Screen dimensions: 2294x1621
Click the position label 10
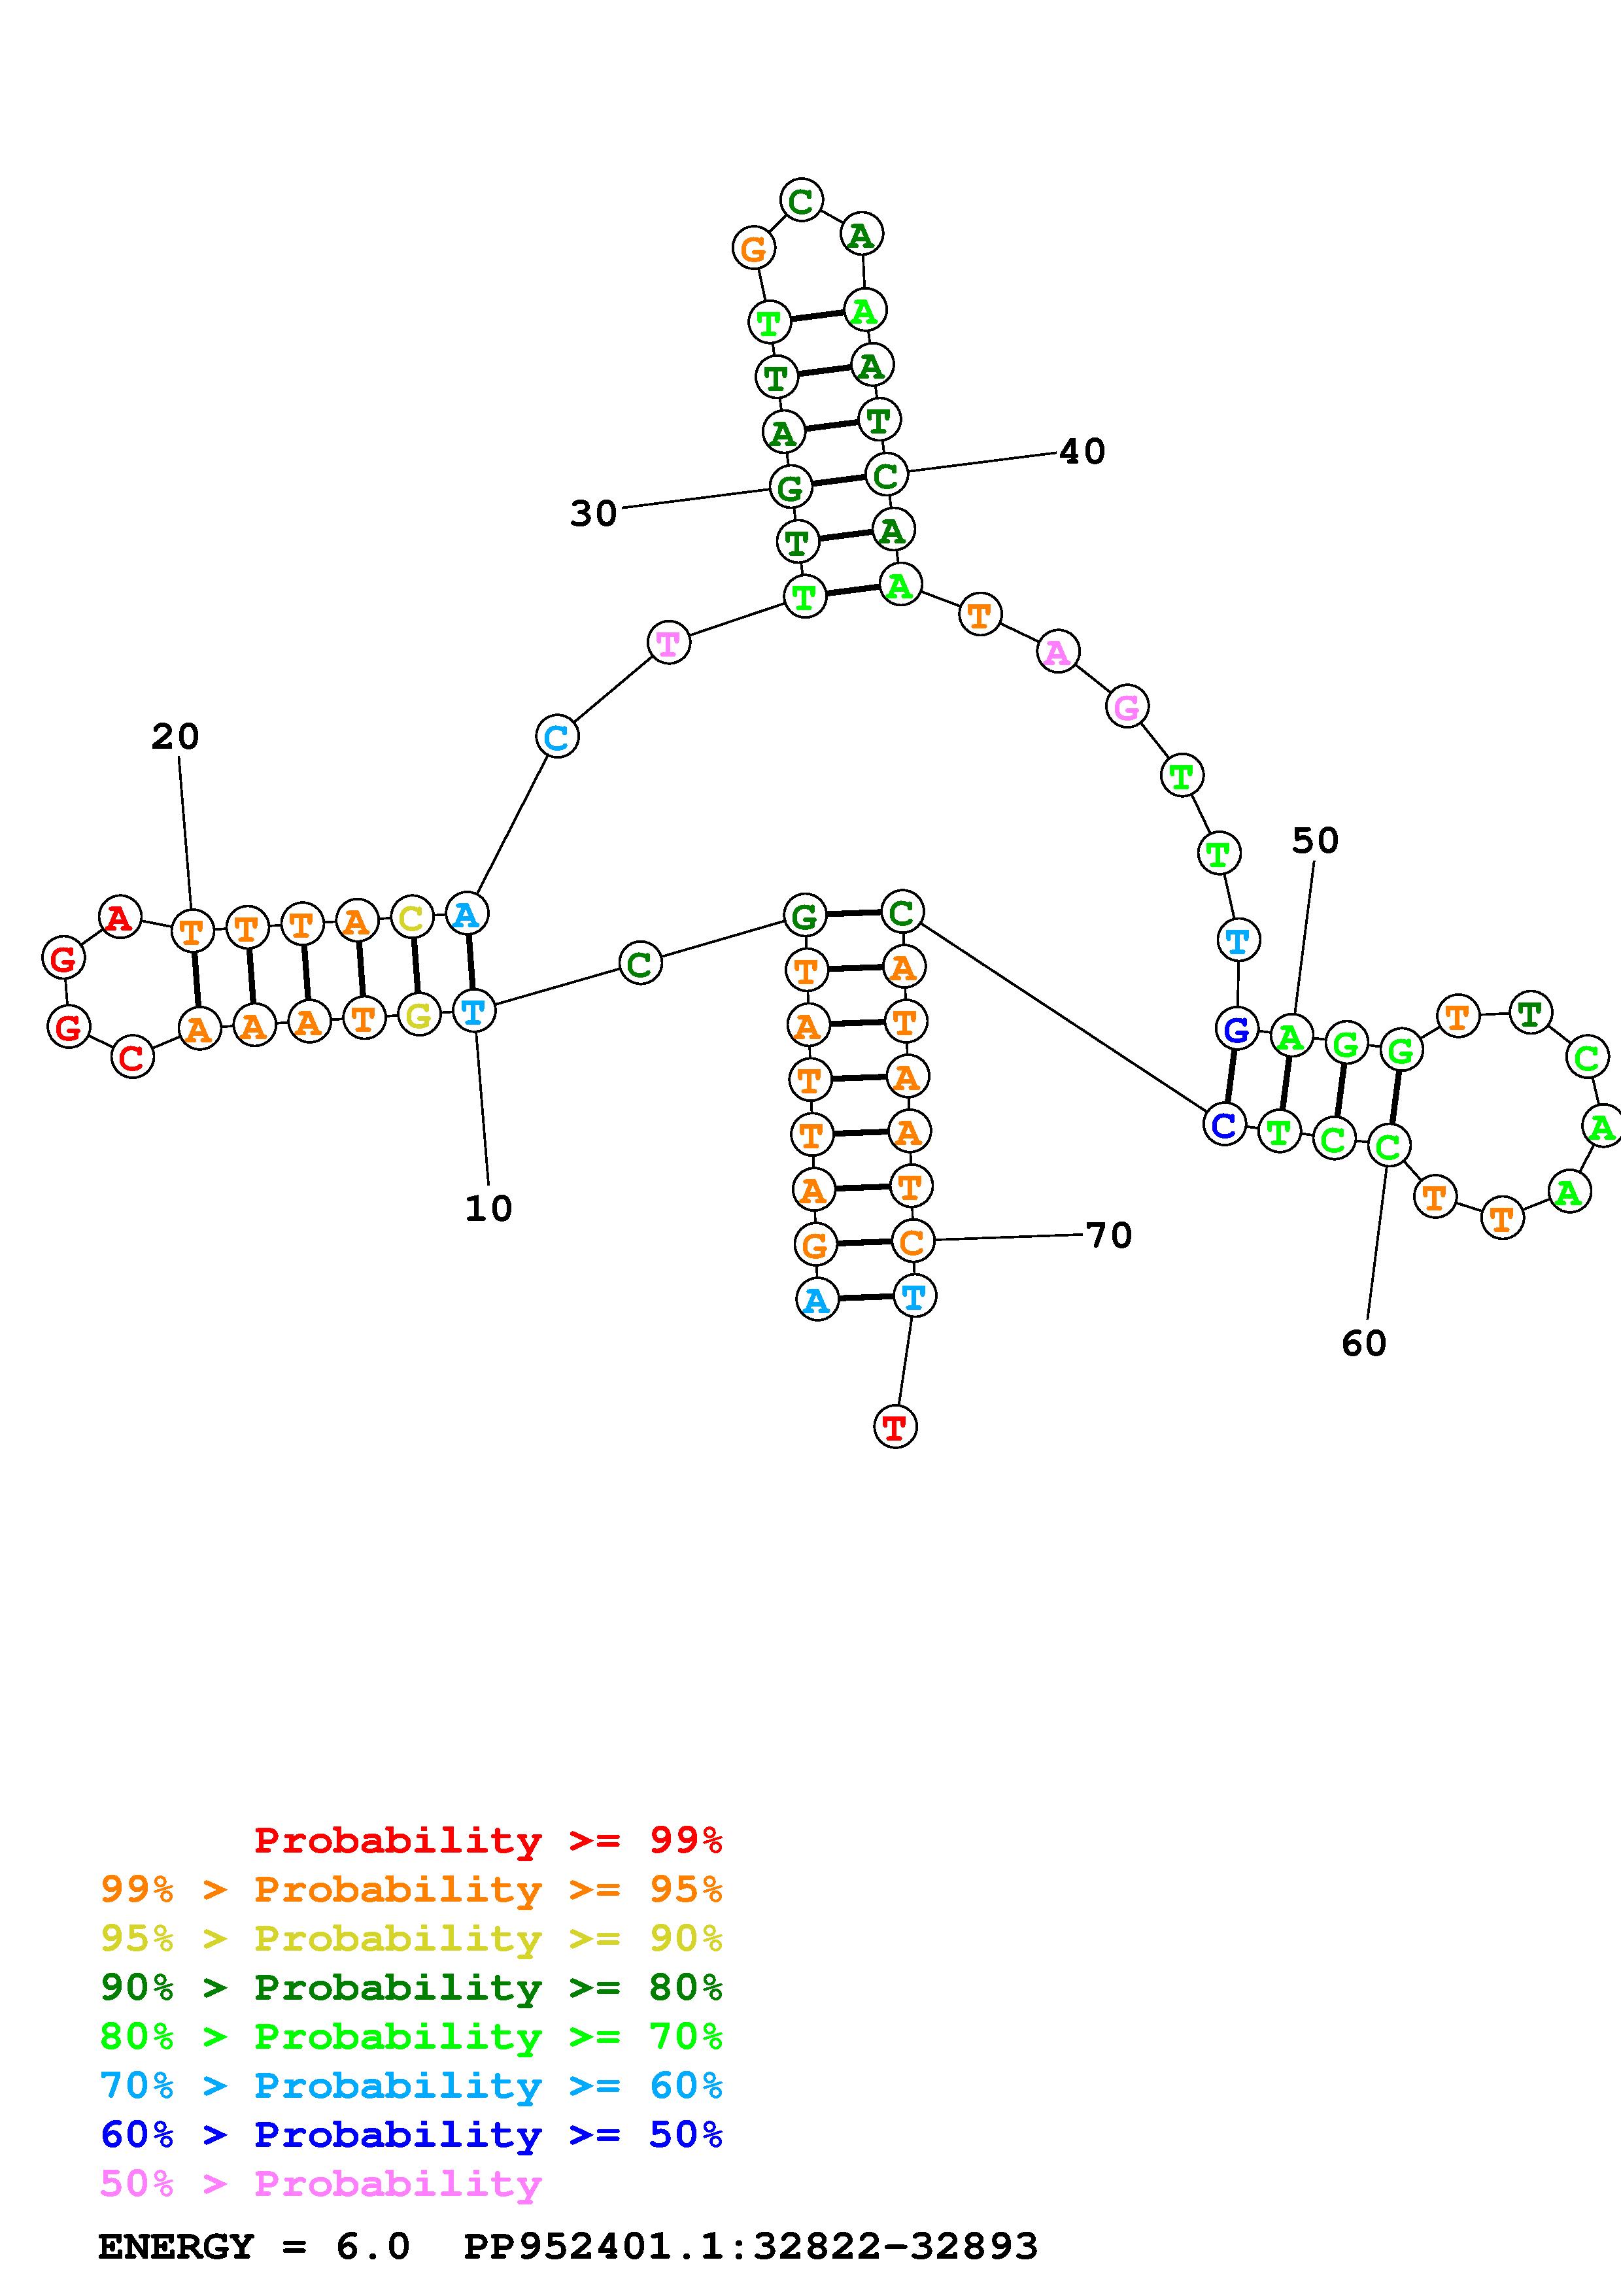point(488,1209)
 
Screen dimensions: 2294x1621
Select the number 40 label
point(1082,453)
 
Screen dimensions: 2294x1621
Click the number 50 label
point(1314,841)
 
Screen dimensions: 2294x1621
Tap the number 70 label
point(1108,1236)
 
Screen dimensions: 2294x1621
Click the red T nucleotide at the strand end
point(895,1427)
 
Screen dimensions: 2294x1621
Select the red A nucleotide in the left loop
point(120,916)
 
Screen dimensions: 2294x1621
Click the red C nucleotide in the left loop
point(132,1057)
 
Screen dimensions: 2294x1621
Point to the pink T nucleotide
point(668,642)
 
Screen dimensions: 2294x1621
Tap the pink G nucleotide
point(1127,708)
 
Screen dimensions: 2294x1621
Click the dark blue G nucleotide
point(1237,1029)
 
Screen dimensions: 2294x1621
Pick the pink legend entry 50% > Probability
point(320,2184)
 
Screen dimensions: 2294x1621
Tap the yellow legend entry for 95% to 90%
point(411,1938)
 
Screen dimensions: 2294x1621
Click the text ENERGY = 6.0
point(254,2247)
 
